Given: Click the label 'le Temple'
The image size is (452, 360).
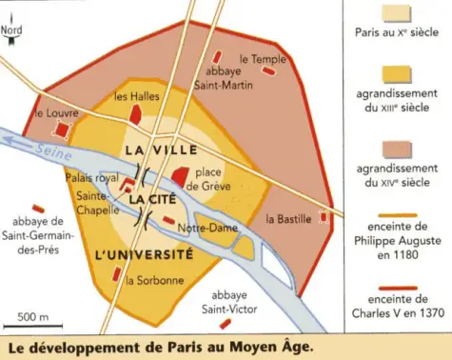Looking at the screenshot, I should click(x=263, y=58).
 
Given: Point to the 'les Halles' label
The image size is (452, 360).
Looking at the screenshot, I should click(x=132, y=96).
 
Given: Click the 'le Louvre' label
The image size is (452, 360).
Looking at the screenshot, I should click(x=54, y=112).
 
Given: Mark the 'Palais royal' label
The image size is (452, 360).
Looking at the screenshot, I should click(x=92, y=178).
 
